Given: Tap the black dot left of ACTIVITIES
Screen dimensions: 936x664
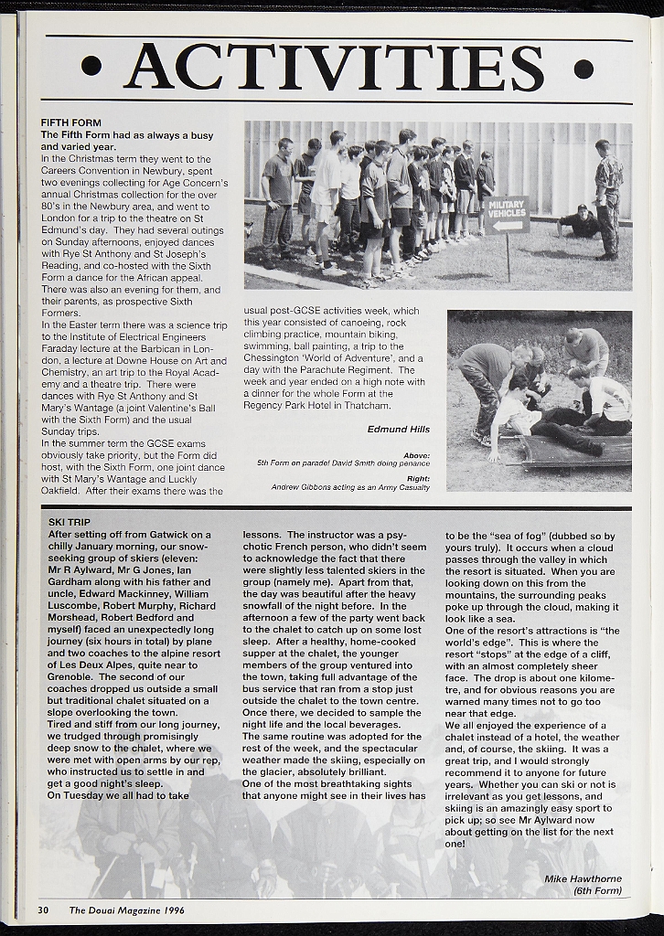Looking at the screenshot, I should click(x=91, y=67).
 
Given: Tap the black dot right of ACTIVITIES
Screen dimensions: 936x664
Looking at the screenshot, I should click(x=584, y=69).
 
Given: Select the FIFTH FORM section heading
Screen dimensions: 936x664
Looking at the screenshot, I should click(x=70, y=122).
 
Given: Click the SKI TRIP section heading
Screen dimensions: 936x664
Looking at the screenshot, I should click(x=70, y=522).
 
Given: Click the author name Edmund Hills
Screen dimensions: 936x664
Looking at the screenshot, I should click(x=398, y=429).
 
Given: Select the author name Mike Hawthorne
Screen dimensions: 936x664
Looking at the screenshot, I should click(x=583, y=878).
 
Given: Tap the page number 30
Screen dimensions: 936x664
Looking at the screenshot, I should click(x=43, y=909).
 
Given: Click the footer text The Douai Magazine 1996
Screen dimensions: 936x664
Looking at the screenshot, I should click(x=126, y=909).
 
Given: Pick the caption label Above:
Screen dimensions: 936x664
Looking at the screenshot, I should click(x=416, y=454).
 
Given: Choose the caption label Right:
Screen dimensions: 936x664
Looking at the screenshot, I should click(x=417, y=478).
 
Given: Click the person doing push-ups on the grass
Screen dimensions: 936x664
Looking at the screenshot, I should click(x=578, y=222).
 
